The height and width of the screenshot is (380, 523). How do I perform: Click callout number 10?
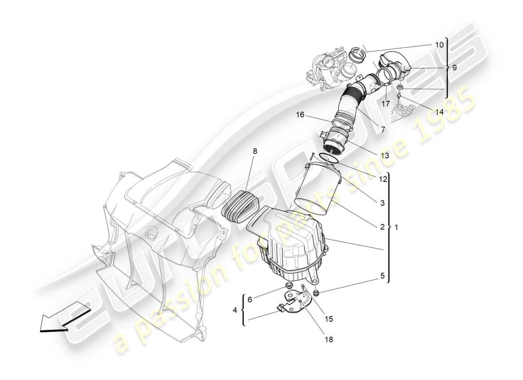[x=439, y=45]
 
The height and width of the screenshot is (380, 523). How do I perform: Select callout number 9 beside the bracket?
[x=455, y=67]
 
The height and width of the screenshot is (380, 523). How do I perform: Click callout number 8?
[x=255, y=151]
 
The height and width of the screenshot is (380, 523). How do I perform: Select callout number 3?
[x=382, y=203]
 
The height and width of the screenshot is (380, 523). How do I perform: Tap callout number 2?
[x=382, y=227]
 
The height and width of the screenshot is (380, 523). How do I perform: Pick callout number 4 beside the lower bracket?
[x=234, y=310]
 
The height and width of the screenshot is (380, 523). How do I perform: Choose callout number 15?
[x=328, y=319]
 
